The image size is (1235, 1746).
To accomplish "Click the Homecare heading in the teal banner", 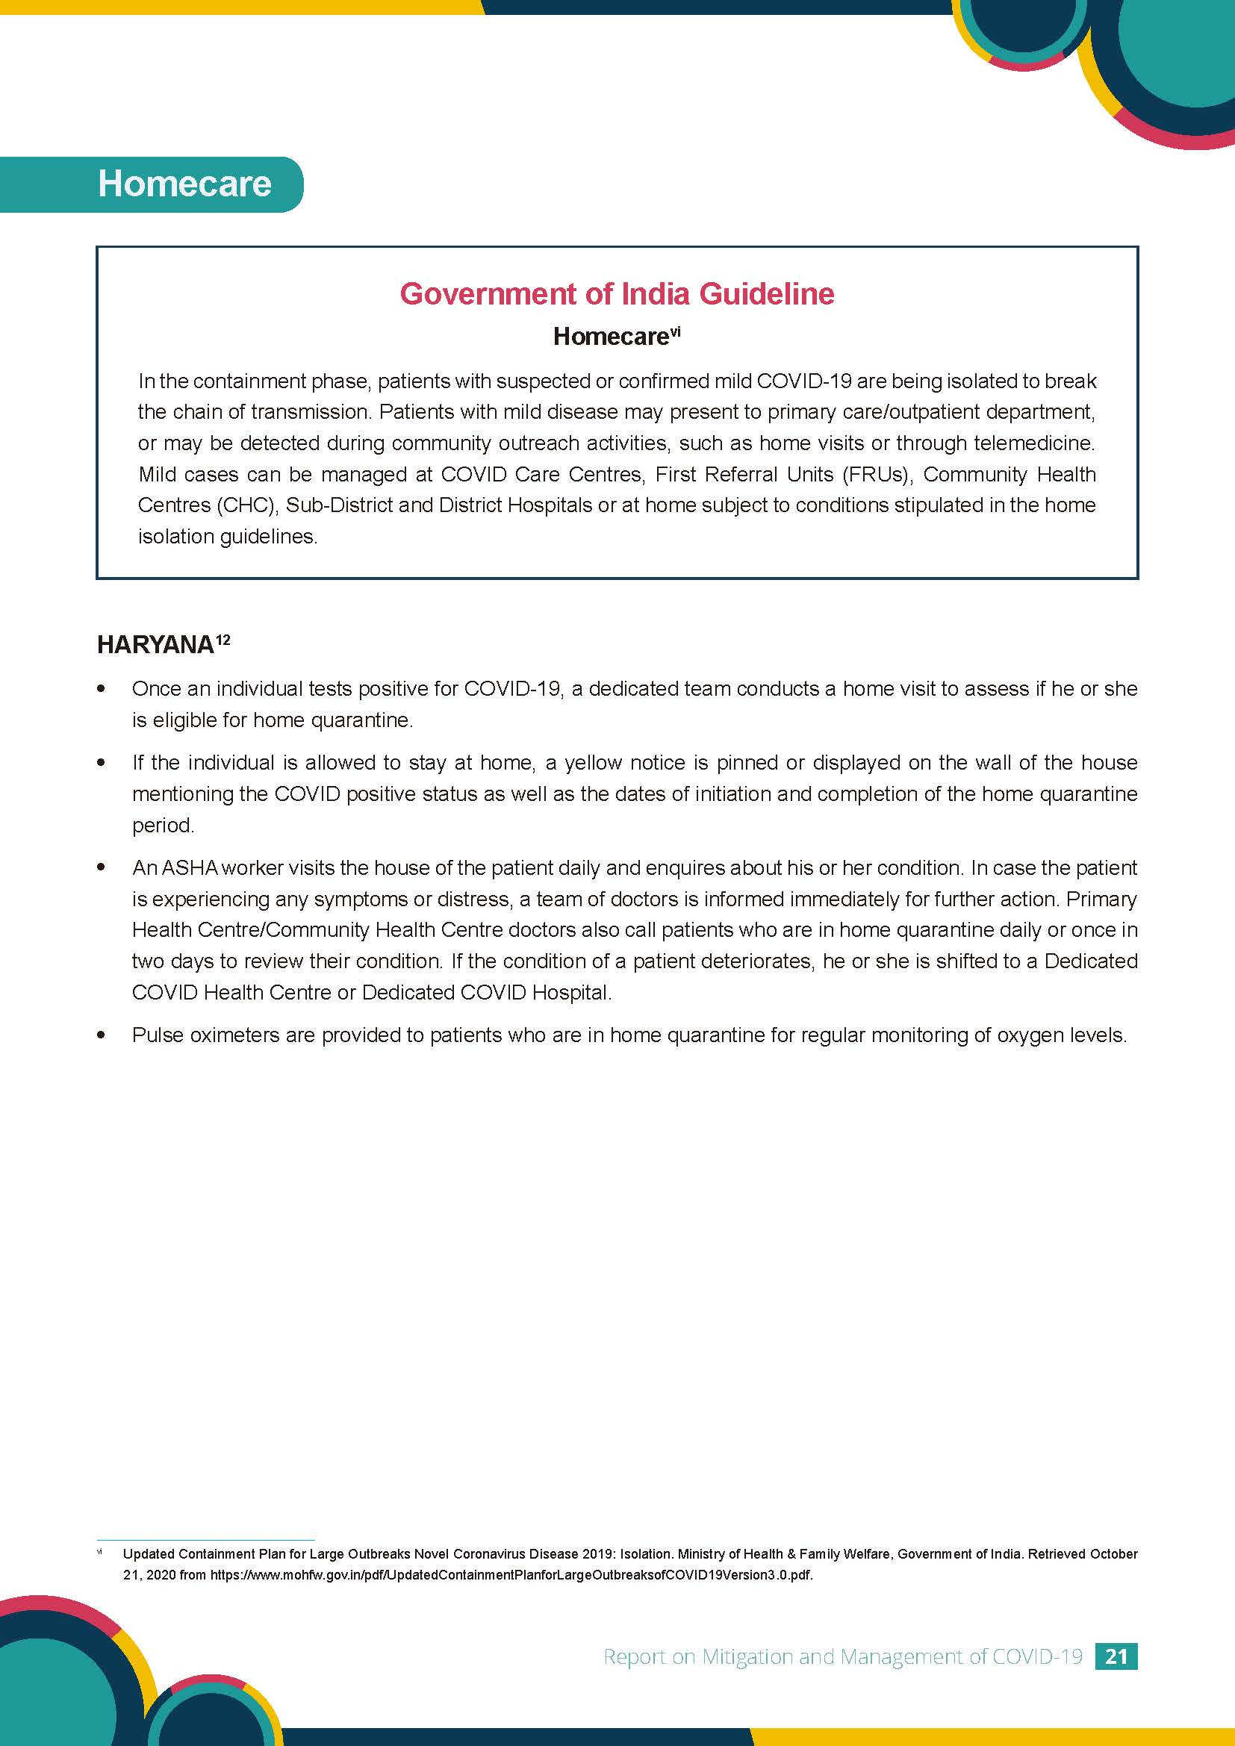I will tap(184, 184).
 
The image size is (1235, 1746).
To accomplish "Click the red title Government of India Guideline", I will tap(617, 293).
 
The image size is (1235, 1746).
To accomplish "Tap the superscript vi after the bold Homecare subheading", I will tap(674, 331).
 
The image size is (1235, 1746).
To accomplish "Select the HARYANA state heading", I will tap(155, 645).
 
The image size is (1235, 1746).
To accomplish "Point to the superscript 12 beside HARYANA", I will tap(223, 640).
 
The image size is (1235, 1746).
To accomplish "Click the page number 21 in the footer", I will tap(1116, 1656).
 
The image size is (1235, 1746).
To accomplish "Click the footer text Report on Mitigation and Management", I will tap(842, 1657).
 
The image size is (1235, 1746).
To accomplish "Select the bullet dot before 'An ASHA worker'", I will tap(101, 867).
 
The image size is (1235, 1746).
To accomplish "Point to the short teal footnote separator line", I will tap(205, 1540).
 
